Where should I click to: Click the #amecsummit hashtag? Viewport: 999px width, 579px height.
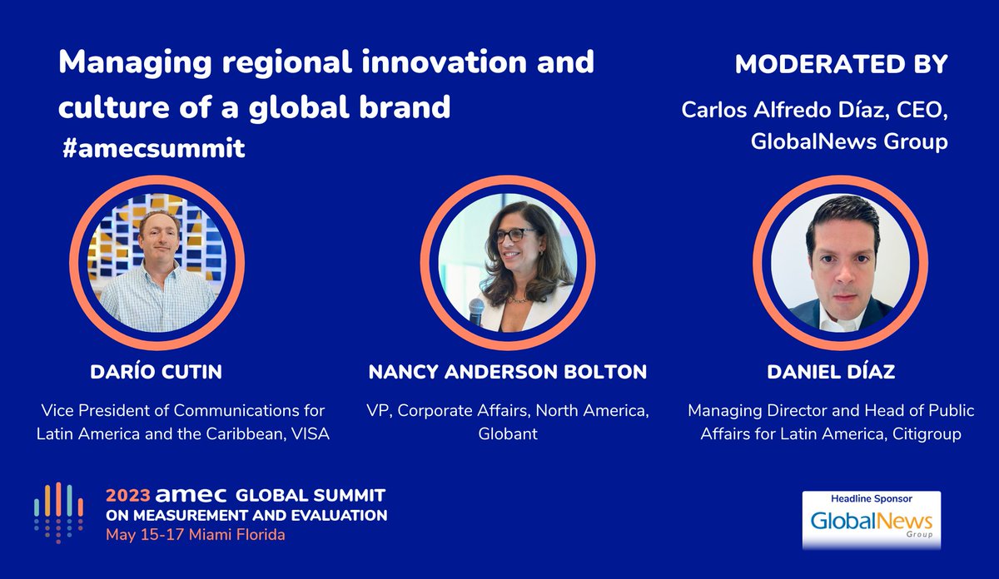[153, 148]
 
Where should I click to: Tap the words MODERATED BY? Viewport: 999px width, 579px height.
[841, 66]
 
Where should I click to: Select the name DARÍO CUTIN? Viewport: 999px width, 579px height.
[156, 373]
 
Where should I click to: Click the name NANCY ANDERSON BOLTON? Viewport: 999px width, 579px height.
[507, 373]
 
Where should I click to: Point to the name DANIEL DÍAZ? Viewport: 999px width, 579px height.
[831, 373]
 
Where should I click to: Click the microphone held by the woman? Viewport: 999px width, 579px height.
[476, 311]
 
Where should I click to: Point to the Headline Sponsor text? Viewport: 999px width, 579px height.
[871, 499]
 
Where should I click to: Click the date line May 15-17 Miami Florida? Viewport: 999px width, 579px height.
[195, 534]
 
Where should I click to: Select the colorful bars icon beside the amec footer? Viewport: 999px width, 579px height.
[58, 512]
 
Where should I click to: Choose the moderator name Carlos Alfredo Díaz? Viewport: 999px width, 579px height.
[780, 110]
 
